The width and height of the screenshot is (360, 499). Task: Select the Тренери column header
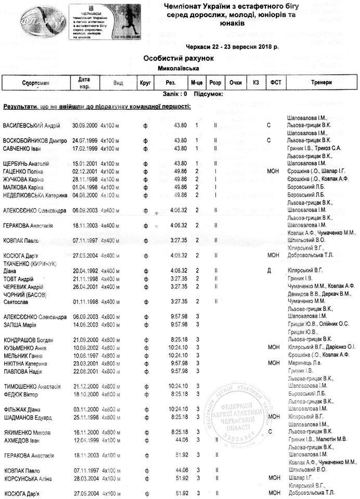[322, 83]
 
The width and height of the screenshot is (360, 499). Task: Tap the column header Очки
[235, 83]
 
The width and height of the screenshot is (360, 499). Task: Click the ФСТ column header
[275, 83]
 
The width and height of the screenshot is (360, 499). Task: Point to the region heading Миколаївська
[177, 68]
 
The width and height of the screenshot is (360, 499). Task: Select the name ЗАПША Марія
[20, 324]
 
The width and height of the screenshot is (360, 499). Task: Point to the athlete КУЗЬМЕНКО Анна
[26, 347]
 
